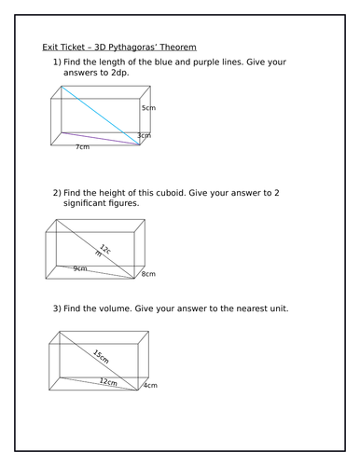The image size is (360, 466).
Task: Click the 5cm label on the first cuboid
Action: [x=147, y=109]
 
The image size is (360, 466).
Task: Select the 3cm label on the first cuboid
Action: [x=144, y=136]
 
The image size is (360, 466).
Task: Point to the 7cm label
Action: [x=83, y=147]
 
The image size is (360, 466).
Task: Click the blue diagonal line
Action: [x=101, y=116]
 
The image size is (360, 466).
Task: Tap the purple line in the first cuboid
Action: [x=97, y=139]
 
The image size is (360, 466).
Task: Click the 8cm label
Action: [x=148, y=274]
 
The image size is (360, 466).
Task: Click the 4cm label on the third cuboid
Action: [x=148, y=384]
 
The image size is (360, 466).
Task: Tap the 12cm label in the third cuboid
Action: [x=108, y=382]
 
